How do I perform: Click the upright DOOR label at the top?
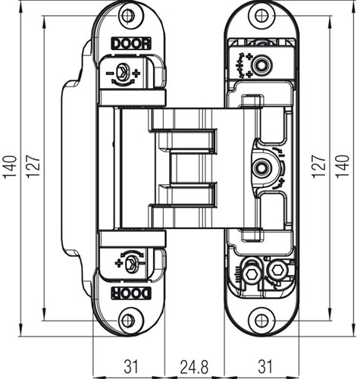[x=131, y=43]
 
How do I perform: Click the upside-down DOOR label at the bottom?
[x=131, y=293]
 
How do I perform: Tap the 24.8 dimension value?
[x=194, y=367]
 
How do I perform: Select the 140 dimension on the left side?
[x=11, y=167]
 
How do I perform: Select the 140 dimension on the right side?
[x=343, y=166]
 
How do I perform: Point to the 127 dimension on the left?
[x=33, y=167]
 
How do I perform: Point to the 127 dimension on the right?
[x=319, y=167]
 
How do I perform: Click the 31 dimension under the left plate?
[x=131, y=367]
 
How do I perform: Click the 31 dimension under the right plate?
[x=265, y=367]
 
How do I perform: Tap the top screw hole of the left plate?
[x=128, y=16]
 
